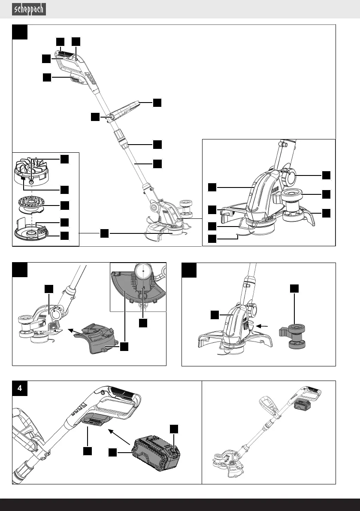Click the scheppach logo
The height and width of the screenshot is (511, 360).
coord(29,9)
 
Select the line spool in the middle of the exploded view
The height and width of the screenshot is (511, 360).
coord(33,203)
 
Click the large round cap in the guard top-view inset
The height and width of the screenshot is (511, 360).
coord(142,272)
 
